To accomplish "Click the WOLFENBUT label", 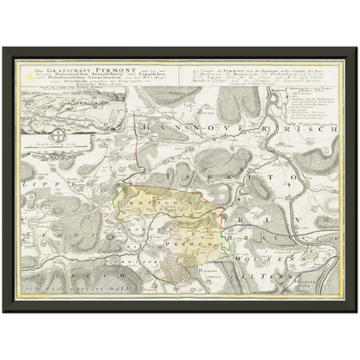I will pyautogui.click(x=277, y=257).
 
